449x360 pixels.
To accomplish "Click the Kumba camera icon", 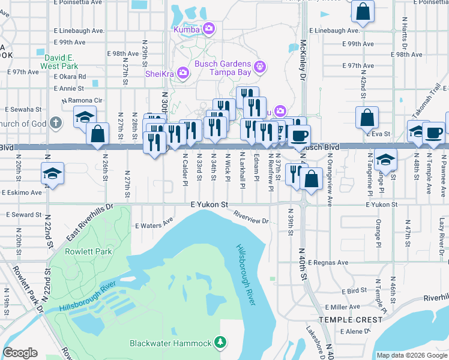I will pos(209,28).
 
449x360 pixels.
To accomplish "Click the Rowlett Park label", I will pos(89,251).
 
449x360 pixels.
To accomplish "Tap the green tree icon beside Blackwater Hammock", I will pos(221,343).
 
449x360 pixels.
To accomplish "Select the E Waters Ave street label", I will pos(154,226).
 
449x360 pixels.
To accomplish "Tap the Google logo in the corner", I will pos(20,353).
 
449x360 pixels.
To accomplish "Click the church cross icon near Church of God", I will pos(56,124).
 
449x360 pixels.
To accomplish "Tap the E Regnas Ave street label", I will pos(327,262).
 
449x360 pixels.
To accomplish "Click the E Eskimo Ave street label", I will pos(22,193).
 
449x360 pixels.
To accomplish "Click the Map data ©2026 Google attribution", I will pos(412,355).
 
